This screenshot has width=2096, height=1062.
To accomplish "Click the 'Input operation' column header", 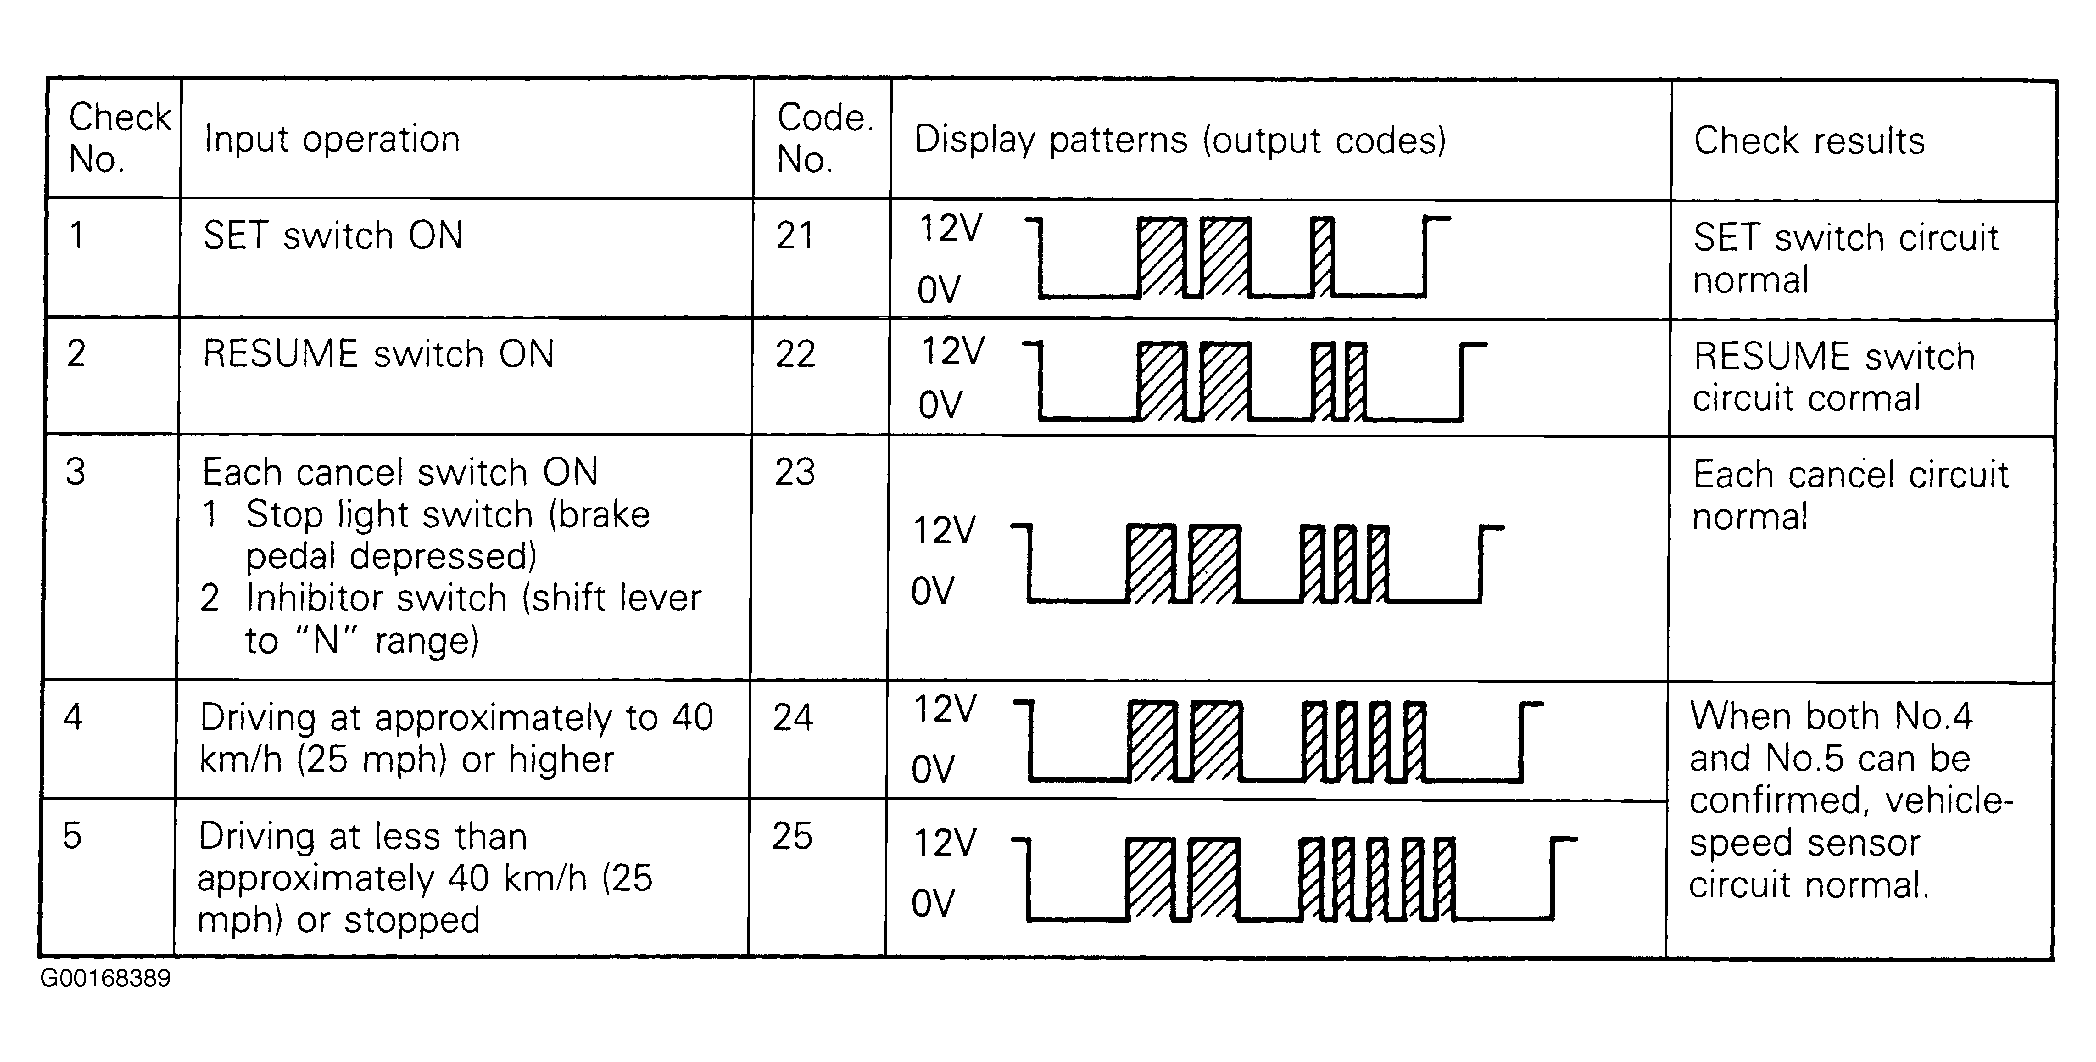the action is (x=331, y=139).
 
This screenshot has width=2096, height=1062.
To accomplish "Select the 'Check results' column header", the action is (x=1808, y=141).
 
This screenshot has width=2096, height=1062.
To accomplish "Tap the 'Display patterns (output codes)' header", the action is (x=1180, y=141).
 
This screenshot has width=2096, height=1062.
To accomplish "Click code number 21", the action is (x=795, y=235).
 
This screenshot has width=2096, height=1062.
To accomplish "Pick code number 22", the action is (x=795, y=354).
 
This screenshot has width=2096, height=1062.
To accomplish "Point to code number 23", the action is (x=794, y=472).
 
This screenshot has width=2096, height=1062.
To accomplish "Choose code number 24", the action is (x=793, y=717).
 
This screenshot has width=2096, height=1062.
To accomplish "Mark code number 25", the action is (x=792, y=836).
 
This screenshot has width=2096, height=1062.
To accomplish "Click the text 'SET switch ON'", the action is (x=333, y=236).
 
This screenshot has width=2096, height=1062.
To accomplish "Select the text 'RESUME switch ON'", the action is (x=378, y=354).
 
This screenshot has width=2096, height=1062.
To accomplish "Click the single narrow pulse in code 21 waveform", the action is (x=1322, y=257).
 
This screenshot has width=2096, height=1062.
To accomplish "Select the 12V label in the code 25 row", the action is (x=944, y=843).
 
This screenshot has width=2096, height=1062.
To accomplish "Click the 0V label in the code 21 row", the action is (x=939, y=291).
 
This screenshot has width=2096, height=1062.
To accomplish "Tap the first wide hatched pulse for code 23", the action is (x=1151, y=564).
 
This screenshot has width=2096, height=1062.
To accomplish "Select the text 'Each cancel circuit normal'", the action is (x=1850, y=495).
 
